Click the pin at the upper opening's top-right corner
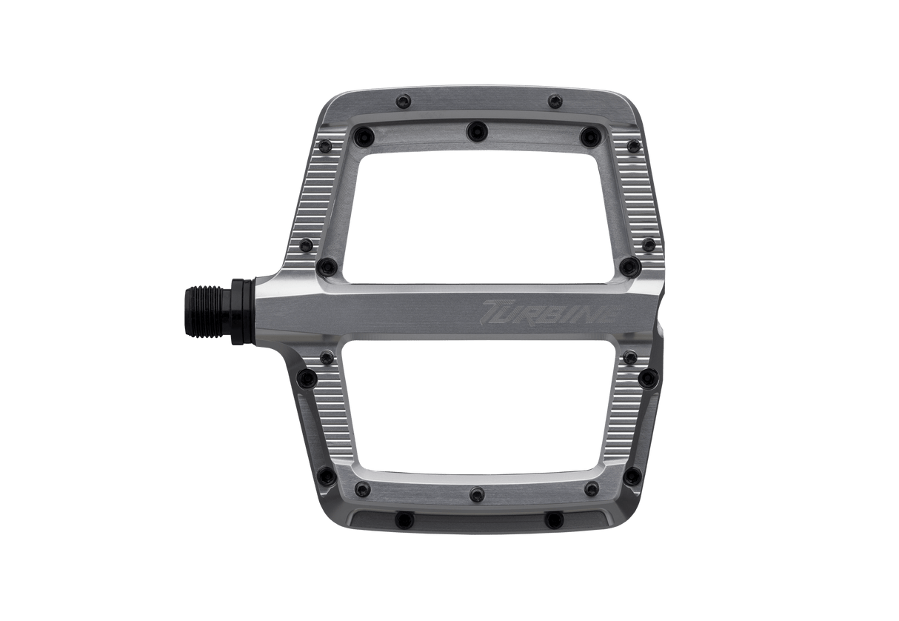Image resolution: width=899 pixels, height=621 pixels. point(589,134)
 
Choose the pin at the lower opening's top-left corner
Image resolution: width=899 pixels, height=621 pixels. point(326,359)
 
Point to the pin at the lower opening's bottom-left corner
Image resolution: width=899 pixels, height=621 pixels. point(361,489)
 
